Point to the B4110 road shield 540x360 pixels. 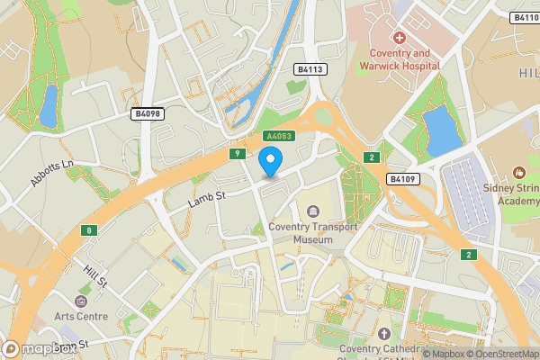(x=525, y=18)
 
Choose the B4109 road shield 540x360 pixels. (x=403, y=180)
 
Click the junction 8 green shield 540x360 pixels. (x=88, y=230)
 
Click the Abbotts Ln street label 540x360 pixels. (x=49, y=173)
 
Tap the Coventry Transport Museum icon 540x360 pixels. (x=313, y=211)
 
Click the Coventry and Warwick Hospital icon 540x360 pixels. (x=399, y=38)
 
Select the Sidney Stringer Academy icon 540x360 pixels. (x=518, y=172)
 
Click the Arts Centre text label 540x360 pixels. (x=80, y=316)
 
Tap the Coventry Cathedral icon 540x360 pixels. (x=385, y=334)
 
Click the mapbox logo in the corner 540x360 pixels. (x=36, y=349)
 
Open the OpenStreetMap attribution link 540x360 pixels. (x=498, y=354)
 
